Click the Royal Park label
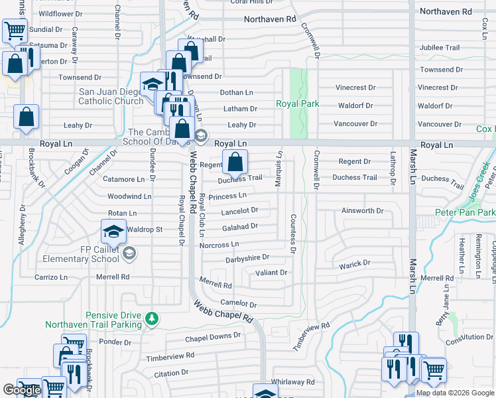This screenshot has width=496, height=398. (x=298, y=103)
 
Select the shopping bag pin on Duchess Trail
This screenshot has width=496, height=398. (x=235, y=162)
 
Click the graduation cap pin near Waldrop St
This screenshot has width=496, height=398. (x=113, y=232)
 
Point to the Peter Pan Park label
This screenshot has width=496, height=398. (x=465, y=212)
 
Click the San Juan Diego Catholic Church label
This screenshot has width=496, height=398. (x=111, y=96)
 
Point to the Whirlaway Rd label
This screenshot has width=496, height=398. (x=292, y=382)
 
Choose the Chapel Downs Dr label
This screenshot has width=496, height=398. (x=213, y=336)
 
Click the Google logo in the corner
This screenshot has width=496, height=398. (x=22, y=390)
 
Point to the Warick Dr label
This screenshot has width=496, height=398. (x=355, y=263)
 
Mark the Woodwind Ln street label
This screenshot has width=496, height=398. (x=129, y=196)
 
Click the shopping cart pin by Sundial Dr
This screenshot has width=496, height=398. (x=14, y=29)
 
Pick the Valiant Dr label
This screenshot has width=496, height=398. (x=271, y=273)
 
